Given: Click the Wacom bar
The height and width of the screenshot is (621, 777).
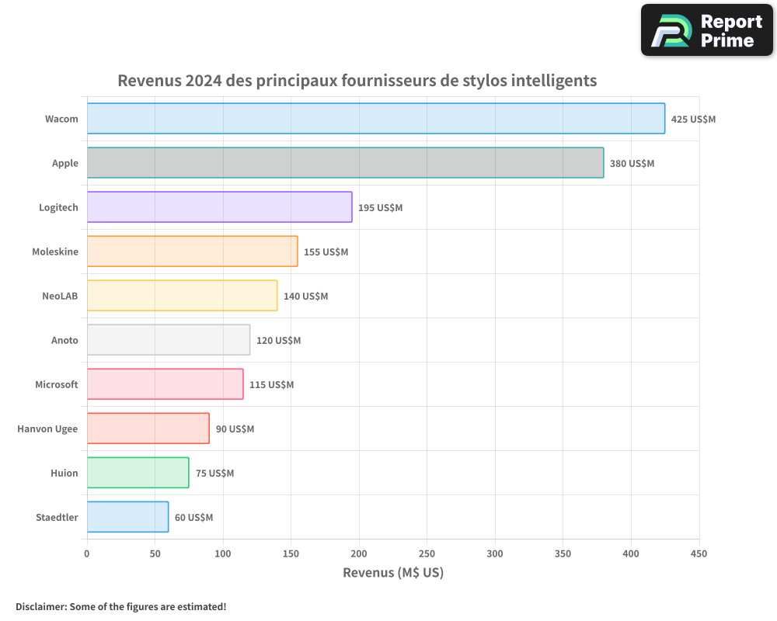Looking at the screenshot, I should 375,119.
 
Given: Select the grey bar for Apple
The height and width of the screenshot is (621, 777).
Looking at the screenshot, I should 345,163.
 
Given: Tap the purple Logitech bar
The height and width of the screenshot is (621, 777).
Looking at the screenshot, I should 219,207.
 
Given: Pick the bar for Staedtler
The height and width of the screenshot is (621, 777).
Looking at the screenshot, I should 127,517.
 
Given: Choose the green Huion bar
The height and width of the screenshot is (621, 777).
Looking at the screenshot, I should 138,473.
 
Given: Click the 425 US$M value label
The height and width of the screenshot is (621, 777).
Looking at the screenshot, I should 693,120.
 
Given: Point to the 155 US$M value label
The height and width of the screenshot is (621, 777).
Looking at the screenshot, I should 326,252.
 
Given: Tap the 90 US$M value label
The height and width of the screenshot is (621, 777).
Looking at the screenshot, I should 235,429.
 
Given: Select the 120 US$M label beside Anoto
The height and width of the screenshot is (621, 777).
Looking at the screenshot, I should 278,341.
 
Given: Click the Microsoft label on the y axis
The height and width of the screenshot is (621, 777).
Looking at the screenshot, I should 57,385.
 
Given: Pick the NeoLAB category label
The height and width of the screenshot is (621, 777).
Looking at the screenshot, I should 60,297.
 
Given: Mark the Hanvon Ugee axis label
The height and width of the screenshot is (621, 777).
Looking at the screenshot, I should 47,429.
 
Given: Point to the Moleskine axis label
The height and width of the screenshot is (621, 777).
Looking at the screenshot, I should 55,252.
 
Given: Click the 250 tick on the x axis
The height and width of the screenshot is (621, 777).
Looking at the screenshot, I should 427,554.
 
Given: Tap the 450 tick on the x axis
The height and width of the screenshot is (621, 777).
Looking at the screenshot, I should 699,554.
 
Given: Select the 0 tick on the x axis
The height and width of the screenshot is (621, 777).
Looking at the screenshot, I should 87,554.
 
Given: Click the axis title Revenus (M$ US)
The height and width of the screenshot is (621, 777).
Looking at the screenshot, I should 393,574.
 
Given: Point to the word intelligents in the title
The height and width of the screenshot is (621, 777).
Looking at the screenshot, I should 554,81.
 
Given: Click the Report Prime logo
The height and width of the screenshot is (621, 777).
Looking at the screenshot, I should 707,30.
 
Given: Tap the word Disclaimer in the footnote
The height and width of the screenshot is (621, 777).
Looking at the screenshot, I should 40,606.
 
